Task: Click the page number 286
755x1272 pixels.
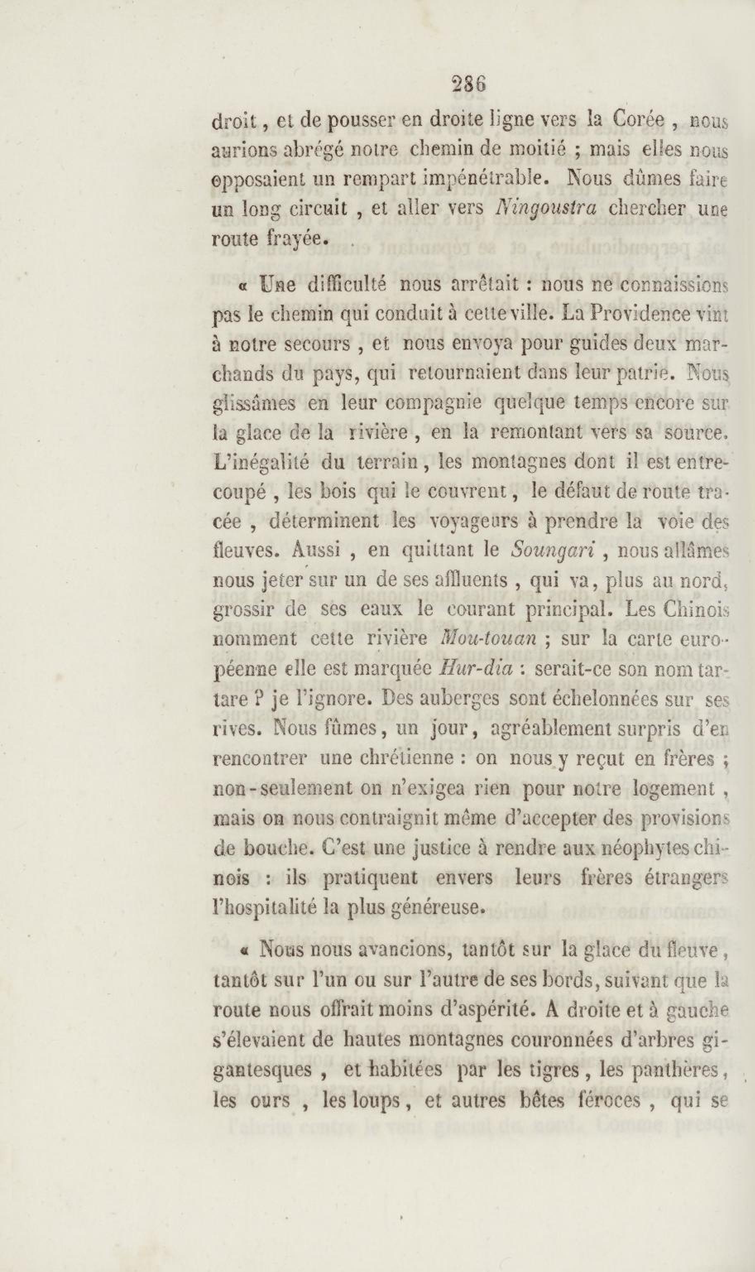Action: [x=469, y=84]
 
